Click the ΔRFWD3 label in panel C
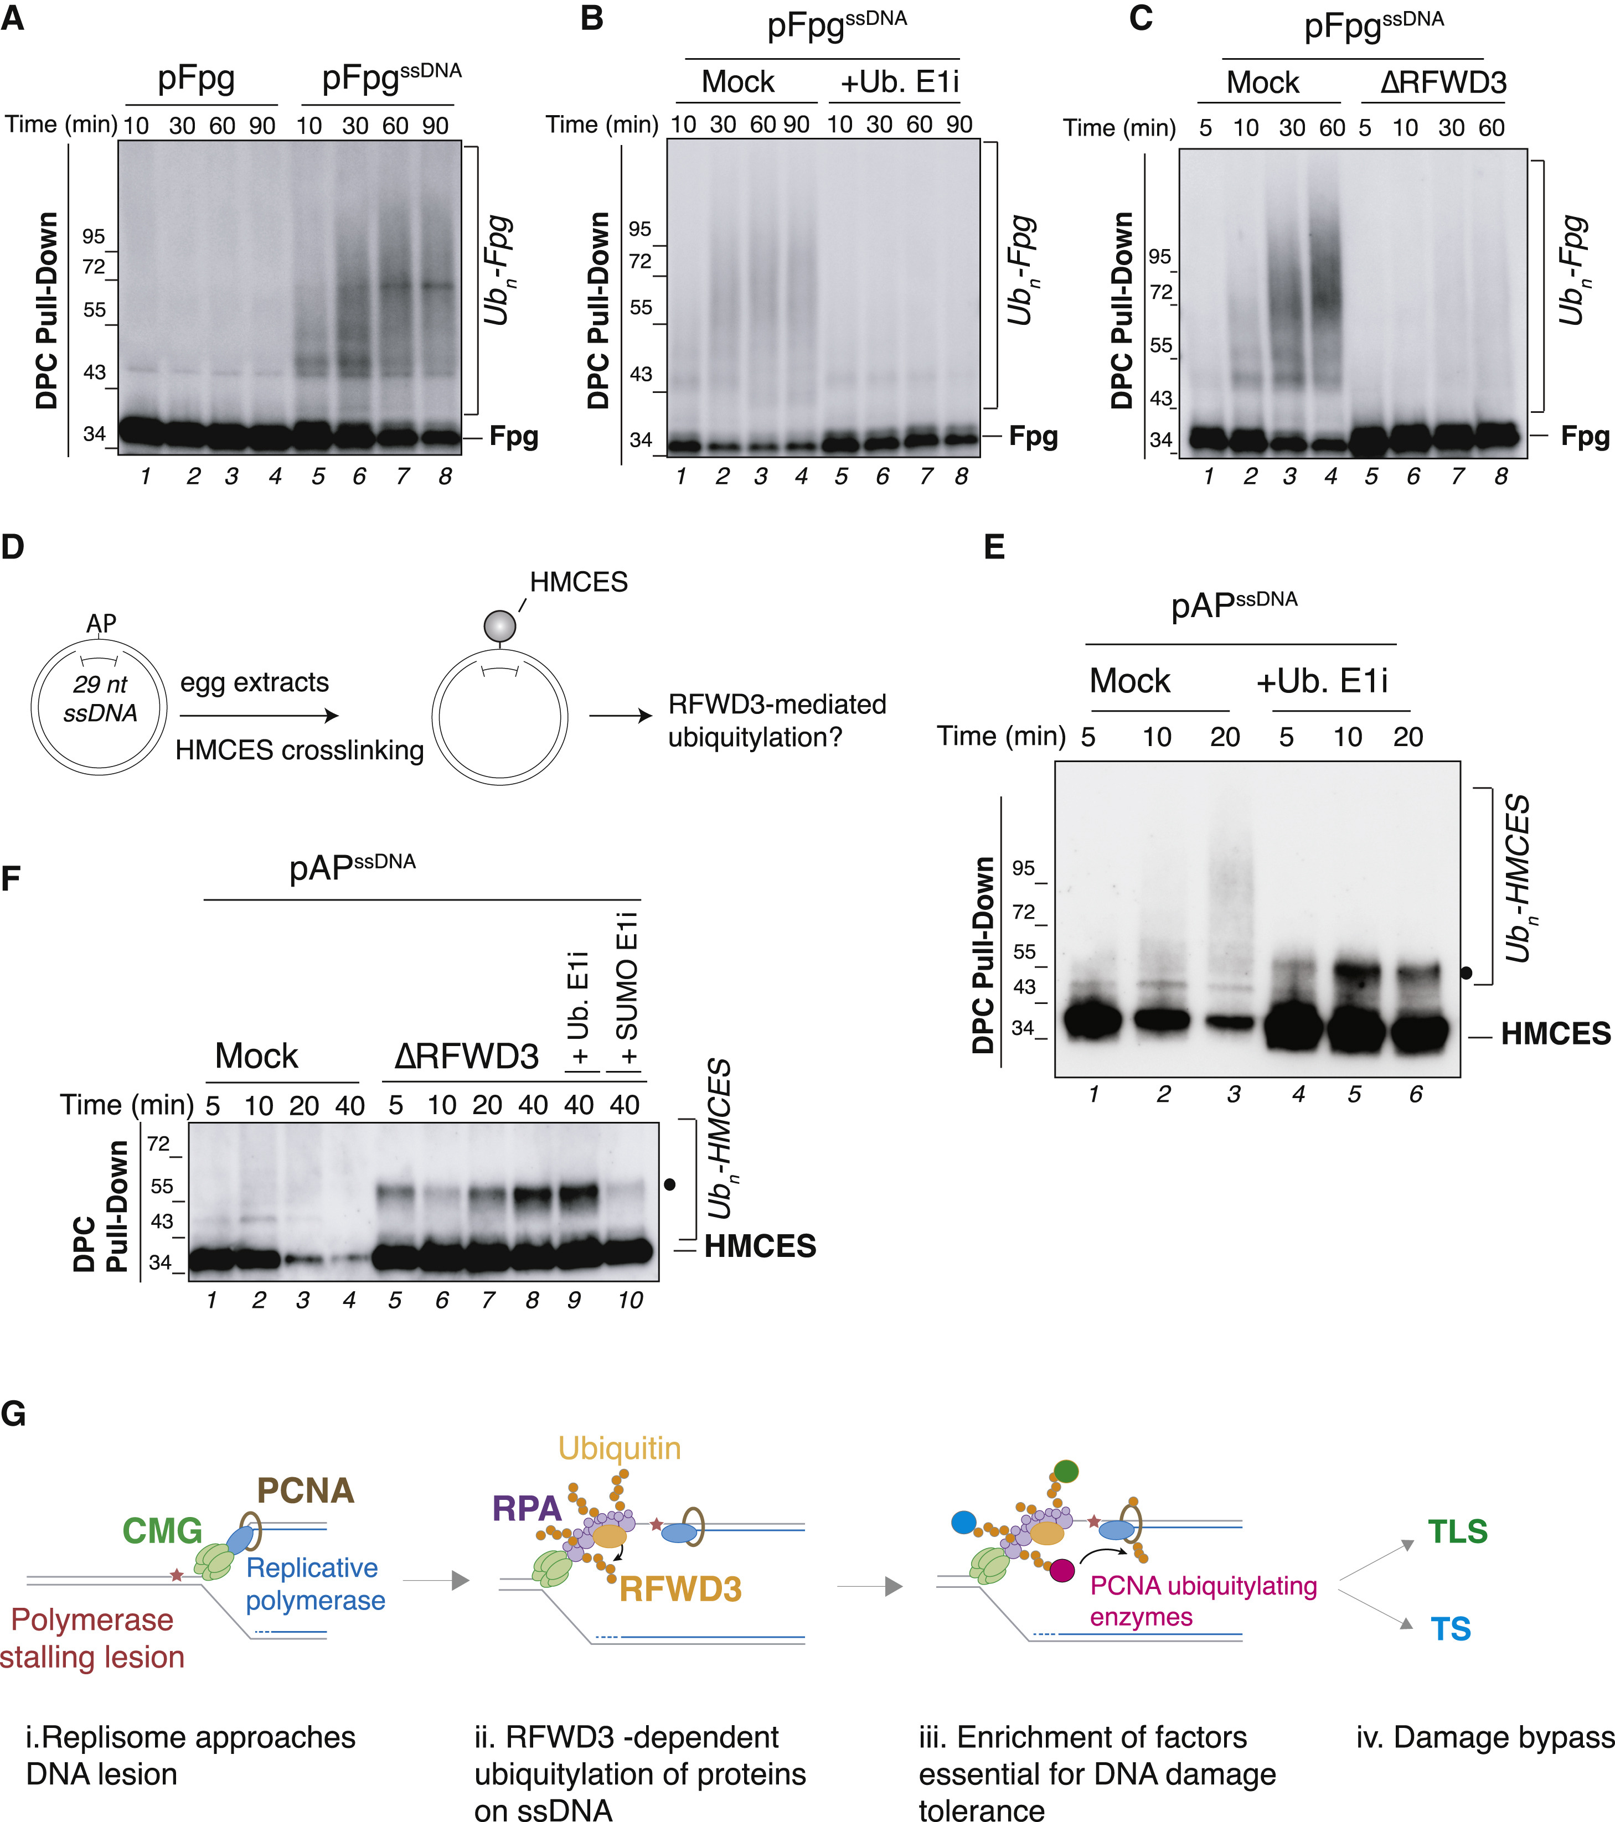[x=1443, y=83]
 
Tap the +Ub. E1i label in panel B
[x=899, y=82]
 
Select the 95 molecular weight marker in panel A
[x=94, y=236]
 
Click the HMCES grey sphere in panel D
[x=499, y=626]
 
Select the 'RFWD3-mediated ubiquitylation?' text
[x=777, y=720]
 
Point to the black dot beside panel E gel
[x=1466, y=972]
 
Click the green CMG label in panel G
[x=162, y=1530]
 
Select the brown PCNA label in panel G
[x=306, y=1490]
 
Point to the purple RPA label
[x=526, y=1508]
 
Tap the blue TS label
[x=1451, y=1629]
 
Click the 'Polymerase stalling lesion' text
[x=93, y=1638]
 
